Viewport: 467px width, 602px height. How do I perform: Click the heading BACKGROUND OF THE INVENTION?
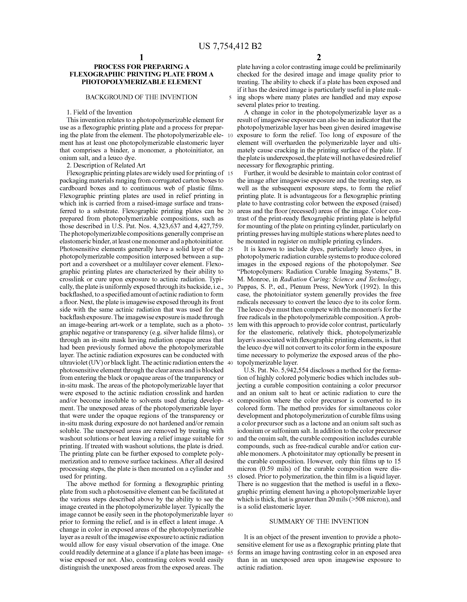141,97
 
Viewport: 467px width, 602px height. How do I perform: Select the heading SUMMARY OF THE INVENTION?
319,521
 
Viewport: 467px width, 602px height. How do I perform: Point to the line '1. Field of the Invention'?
99,112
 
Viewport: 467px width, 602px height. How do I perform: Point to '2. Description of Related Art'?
106,165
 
